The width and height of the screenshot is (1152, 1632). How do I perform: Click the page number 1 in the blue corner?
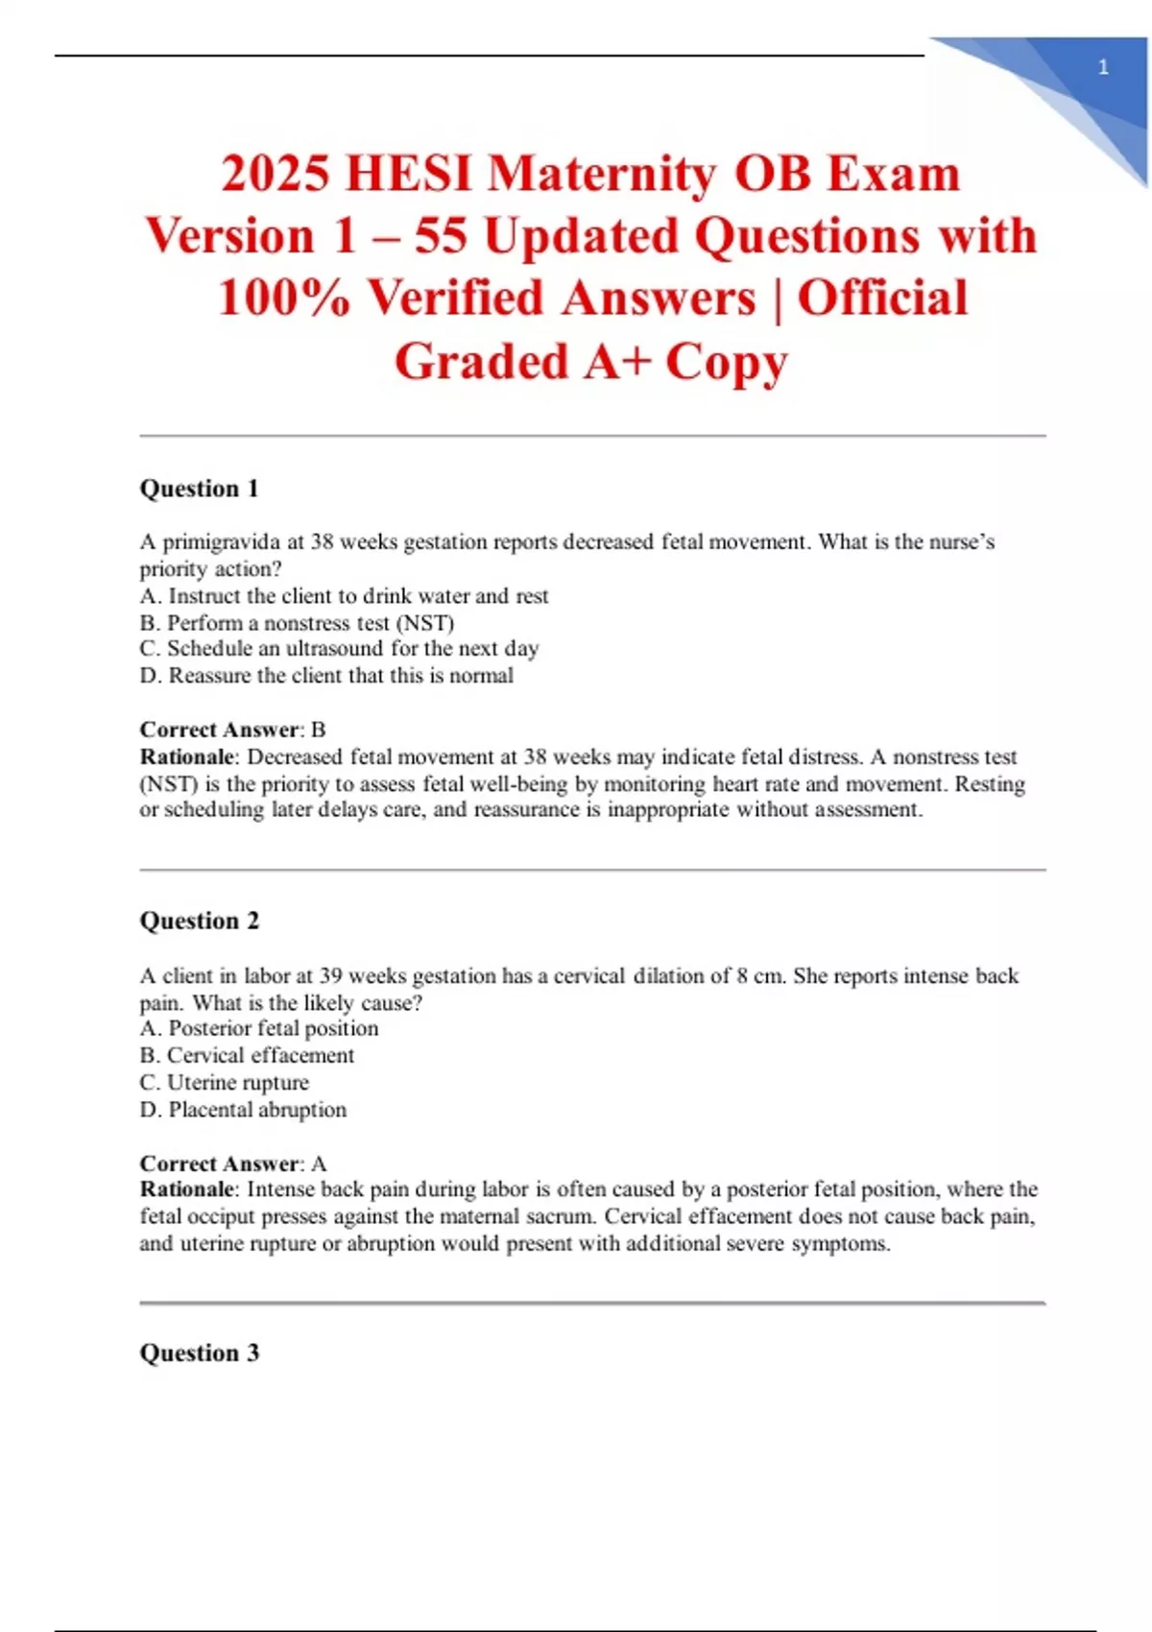pos(1103,67)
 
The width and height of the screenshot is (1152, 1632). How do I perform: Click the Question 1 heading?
pos(200,489)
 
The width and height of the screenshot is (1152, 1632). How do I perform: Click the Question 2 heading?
pos(200,921)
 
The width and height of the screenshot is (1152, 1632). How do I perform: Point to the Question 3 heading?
pos(200,1353)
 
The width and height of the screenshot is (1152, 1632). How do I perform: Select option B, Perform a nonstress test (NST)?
pos(297,622)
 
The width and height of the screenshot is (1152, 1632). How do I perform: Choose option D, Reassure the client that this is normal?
pos(326,676)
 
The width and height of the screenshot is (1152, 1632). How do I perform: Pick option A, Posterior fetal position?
pos(259,1028)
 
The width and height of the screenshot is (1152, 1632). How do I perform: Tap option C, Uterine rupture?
pos(225,1082)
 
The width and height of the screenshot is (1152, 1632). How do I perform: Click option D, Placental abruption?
pos(243,1110)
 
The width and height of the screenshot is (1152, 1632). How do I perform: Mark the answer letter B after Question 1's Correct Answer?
pos(319,730)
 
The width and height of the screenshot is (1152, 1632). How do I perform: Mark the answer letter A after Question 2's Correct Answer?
pos(319,1164)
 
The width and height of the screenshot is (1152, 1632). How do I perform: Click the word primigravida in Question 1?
pos(221,542)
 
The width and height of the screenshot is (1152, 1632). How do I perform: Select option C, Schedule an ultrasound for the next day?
pos(339,649)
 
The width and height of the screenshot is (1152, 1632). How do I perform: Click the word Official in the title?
pos(882,299)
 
